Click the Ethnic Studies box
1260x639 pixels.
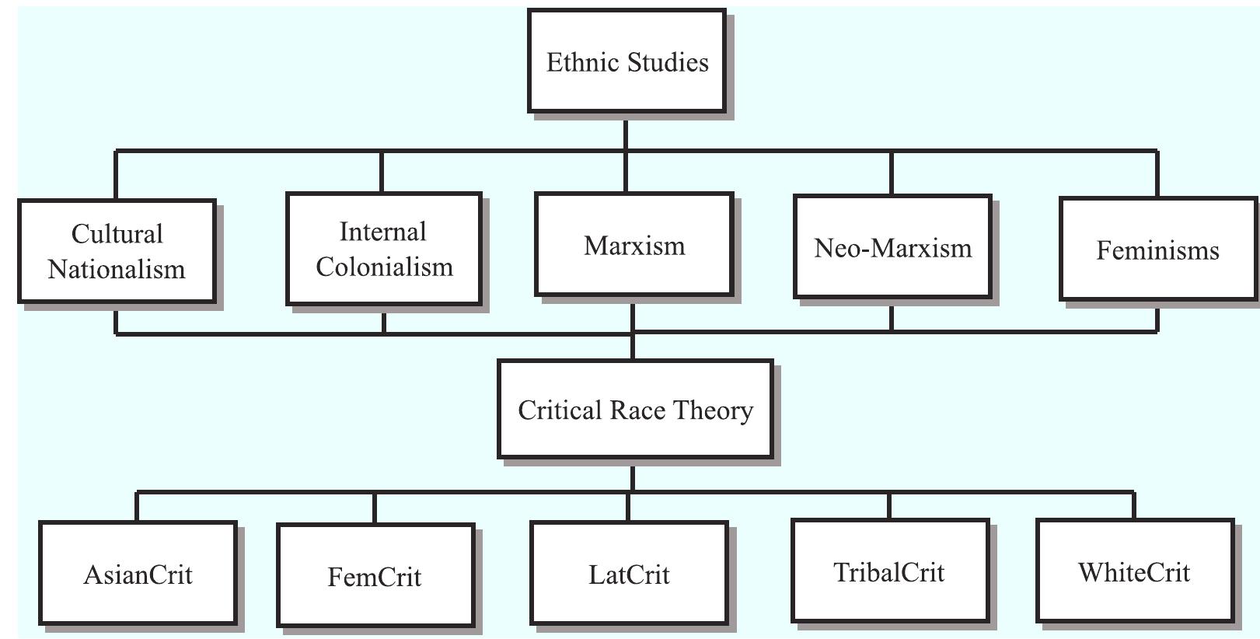[627, 61]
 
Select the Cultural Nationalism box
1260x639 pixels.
[117, 251]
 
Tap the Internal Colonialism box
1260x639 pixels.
[384, 249]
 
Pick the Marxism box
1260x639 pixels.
[633, 246]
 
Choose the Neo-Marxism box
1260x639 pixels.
[892, 247]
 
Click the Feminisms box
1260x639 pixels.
[1157, 250]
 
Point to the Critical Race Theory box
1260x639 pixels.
[635, 410]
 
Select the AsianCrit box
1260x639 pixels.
[138, 574]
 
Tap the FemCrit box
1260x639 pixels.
[375, 575]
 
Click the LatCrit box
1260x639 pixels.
[629, 574]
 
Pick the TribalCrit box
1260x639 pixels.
[889, 571]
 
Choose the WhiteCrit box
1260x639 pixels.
[1134, 571]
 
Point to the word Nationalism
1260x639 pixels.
[117, 269]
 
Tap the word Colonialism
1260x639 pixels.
[384, 267]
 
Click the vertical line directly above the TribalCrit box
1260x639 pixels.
[889, 505]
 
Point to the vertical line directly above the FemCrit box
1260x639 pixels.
[375, 508]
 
